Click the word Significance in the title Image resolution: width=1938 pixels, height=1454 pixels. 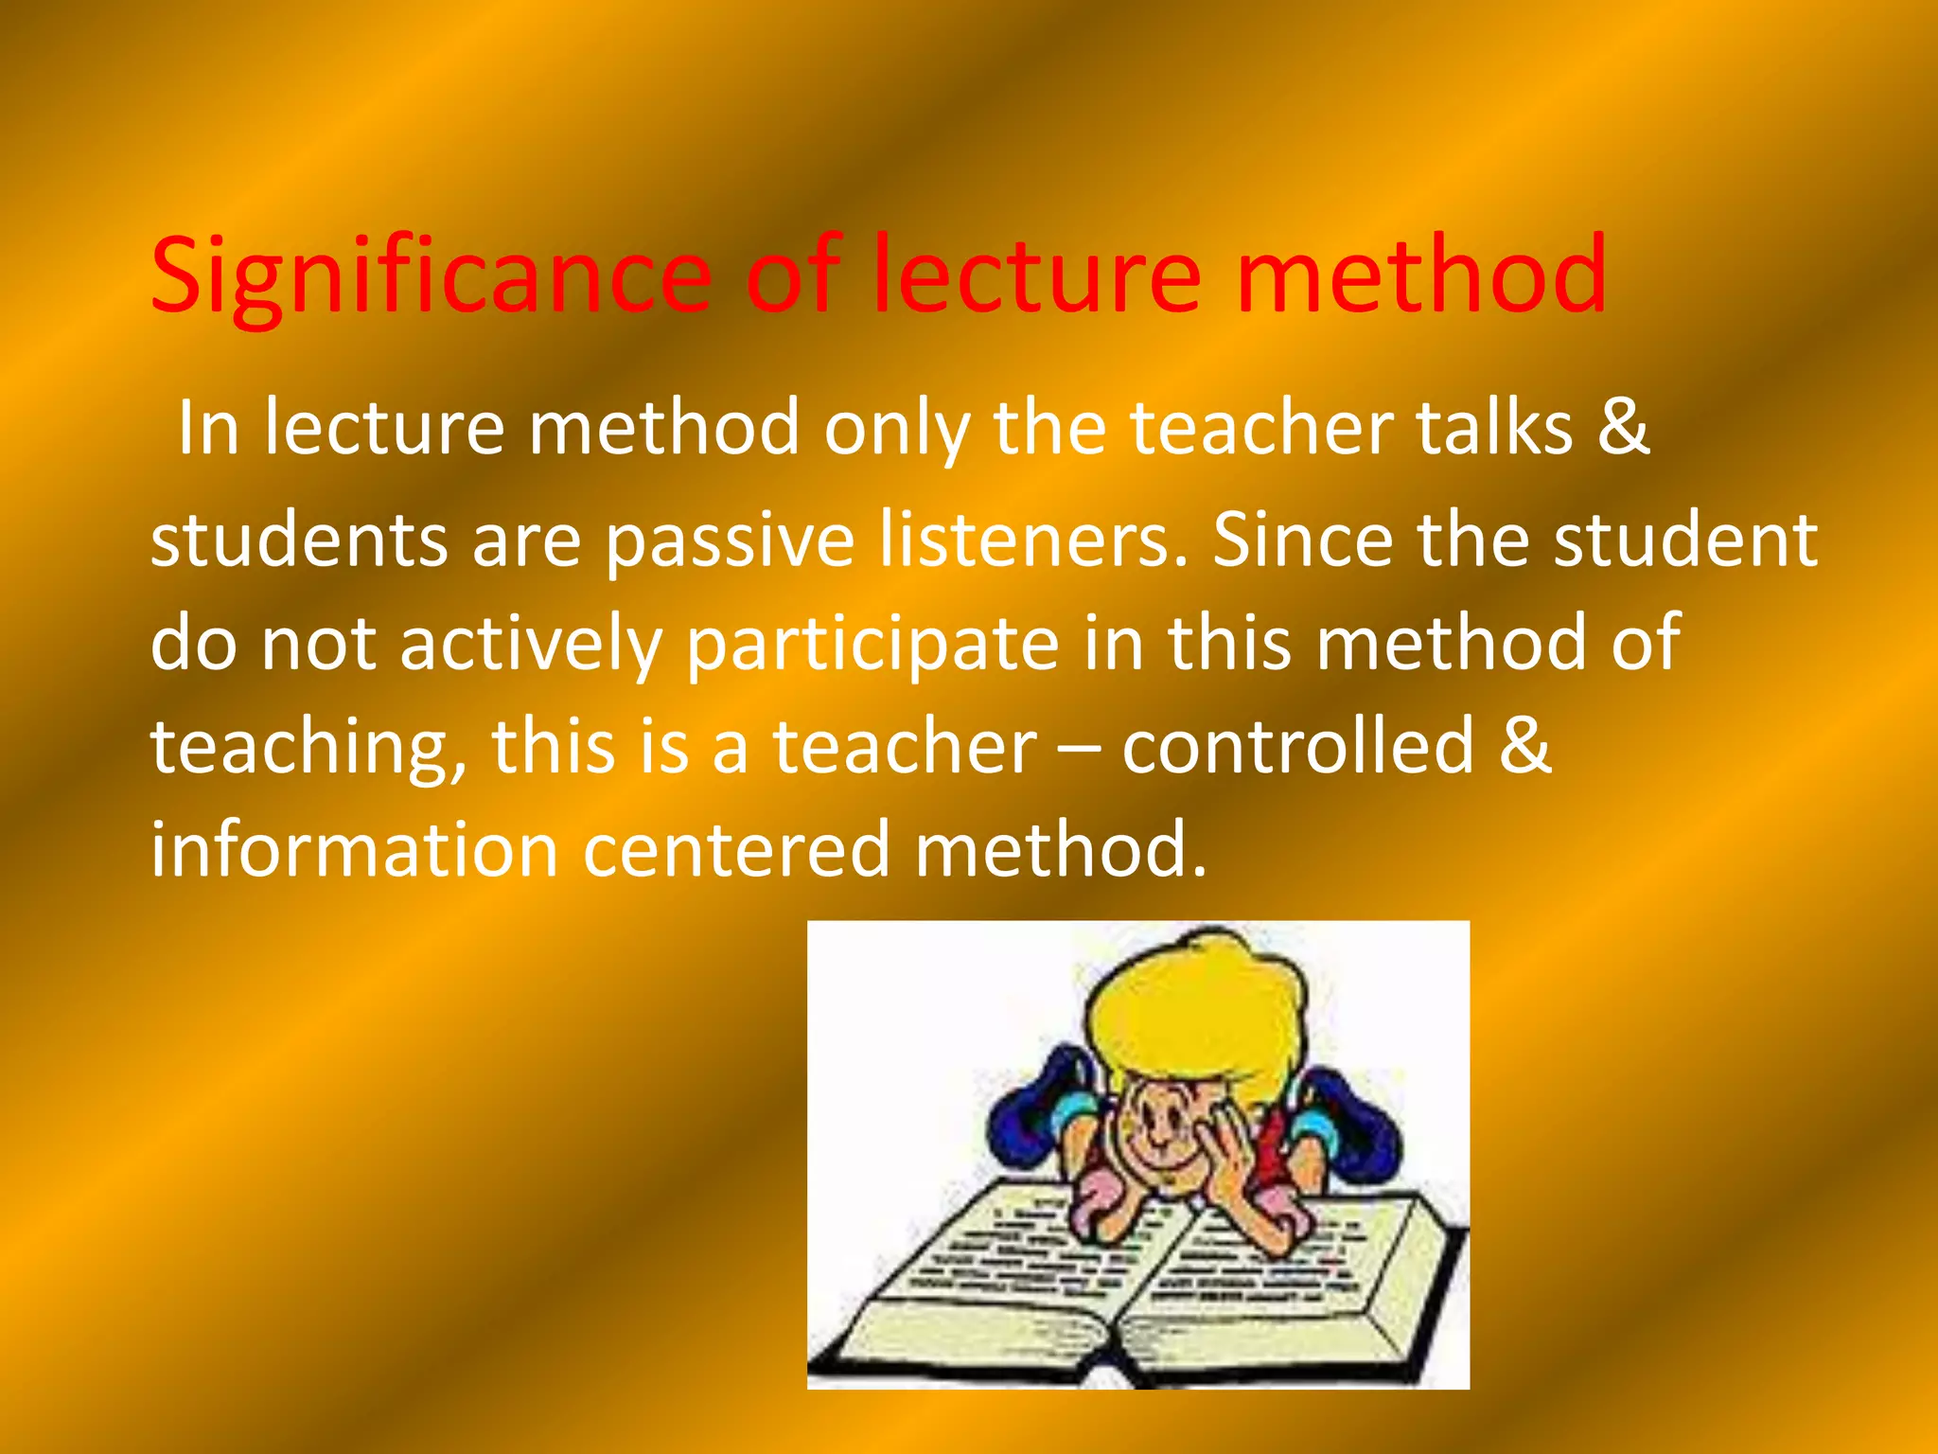point(431,276)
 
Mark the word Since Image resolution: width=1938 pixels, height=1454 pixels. point(1302,540)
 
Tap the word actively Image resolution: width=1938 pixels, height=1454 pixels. point(530,645)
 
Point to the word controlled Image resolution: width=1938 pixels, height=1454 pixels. point(1297,746)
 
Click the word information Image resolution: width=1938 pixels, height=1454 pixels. point(355,849)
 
